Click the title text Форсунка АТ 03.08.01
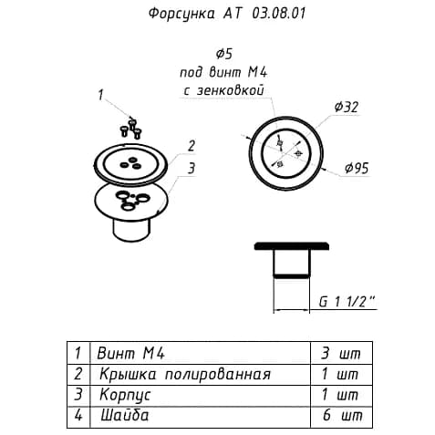point(227,14)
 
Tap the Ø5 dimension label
point(224,54)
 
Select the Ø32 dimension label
point(347,107)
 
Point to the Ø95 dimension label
point(357,168)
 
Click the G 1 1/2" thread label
point(347,302)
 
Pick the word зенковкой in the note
point(230,90)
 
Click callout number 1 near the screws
point(100,95)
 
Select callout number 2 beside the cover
point(192,146)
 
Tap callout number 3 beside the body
point(192,168)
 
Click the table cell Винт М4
point(130,353)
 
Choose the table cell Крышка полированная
point(185,374)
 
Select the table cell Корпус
point(125,395)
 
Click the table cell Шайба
point(125,415)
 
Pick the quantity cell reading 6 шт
point(342,415)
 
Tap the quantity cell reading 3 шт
point(341,353)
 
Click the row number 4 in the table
point(78,415)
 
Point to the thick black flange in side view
point(291,246)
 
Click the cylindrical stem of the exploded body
point(131,230)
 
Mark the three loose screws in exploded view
point(131,129)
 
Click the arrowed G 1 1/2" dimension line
point(291,310)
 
